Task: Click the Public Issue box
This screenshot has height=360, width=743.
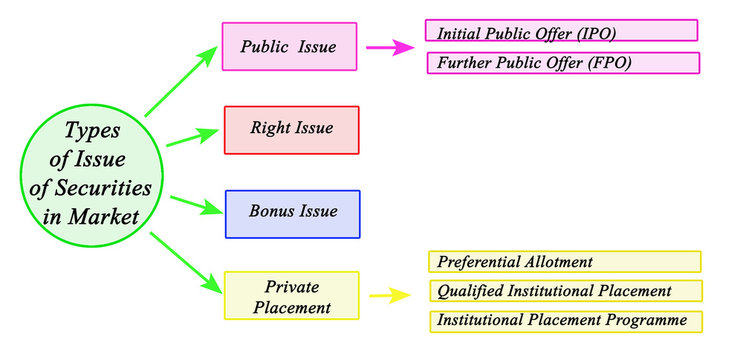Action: [x=288, y=47]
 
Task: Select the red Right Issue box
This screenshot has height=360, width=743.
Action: [x=291, y=129]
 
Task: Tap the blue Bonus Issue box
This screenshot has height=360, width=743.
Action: [x=292, y=213]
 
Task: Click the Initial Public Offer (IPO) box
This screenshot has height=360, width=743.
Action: [x=560, y=32]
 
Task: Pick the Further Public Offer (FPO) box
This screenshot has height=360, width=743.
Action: [x=562, y=63]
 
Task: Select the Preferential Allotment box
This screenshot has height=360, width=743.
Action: [x=564, y=262]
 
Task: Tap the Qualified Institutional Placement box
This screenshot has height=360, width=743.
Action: [x=564, y=291]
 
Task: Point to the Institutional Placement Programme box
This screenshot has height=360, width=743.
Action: [x=564, y=321]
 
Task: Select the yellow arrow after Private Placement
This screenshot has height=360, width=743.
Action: [x=389, y=296]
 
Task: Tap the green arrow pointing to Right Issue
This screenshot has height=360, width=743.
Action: [x=191, y=137]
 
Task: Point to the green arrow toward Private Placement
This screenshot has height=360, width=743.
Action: [x=185, y=262]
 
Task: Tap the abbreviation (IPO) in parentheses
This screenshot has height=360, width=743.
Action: [x=597, y=33]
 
